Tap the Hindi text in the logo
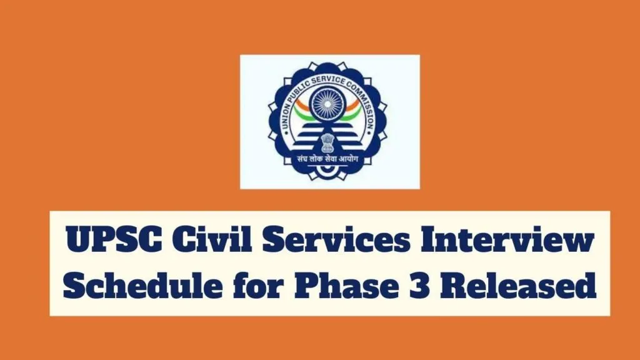330,161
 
